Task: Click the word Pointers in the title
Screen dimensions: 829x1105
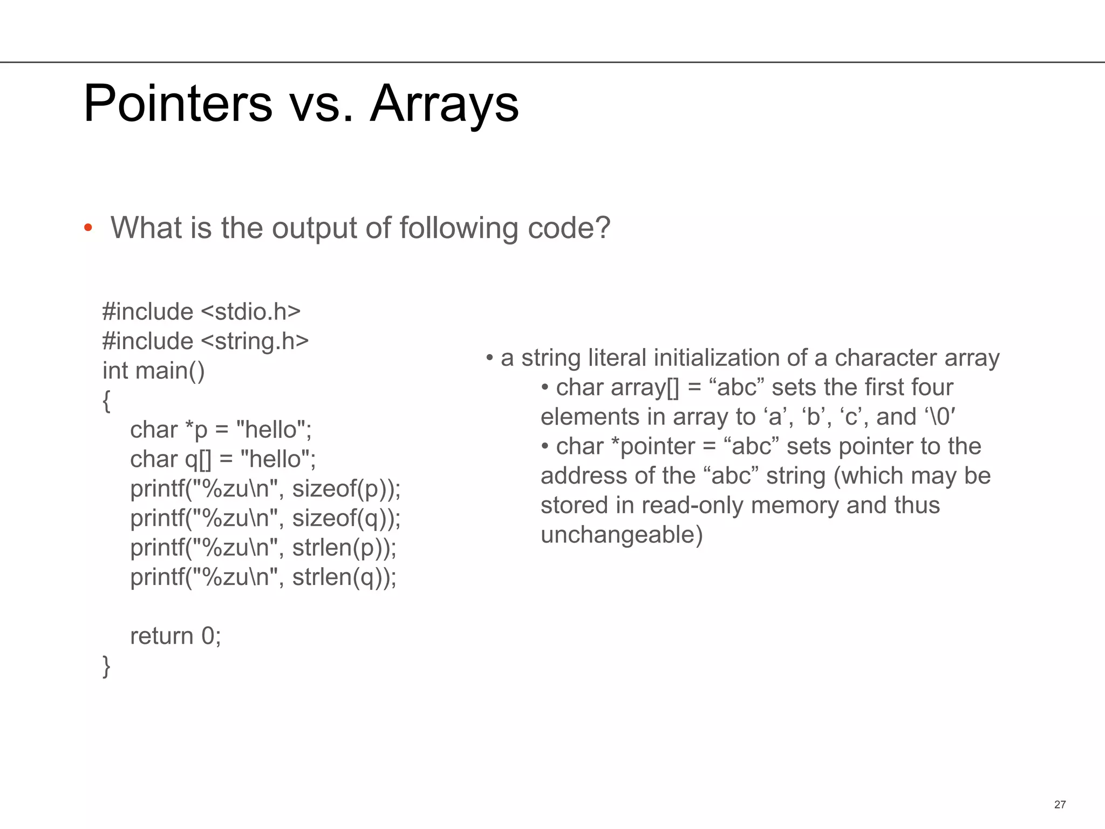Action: (178, 103)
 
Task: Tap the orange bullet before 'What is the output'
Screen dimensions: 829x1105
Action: (88, 228)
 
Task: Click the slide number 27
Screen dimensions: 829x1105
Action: (1060, 804)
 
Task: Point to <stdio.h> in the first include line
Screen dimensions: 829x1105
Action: (250, 311)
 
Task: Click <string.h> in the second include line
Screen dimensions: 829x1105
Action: (255, 341)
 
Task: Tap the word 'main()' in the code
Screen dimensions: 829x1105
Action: (170, 371)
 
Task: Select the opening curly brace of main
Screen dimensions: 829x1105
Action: (106, 401)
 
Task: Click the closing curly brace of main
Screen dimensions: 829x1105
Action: (106, 666)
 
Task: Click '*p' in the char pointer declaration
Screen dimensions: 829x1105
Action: (196, 430)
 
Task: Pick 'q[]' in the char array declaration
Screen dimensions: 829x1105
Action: (198, 459)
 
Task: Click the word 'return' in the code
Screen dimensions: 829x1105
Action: (161, 636)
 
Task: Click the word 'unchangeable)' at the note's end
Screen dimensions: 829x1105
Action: (622, 535)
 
